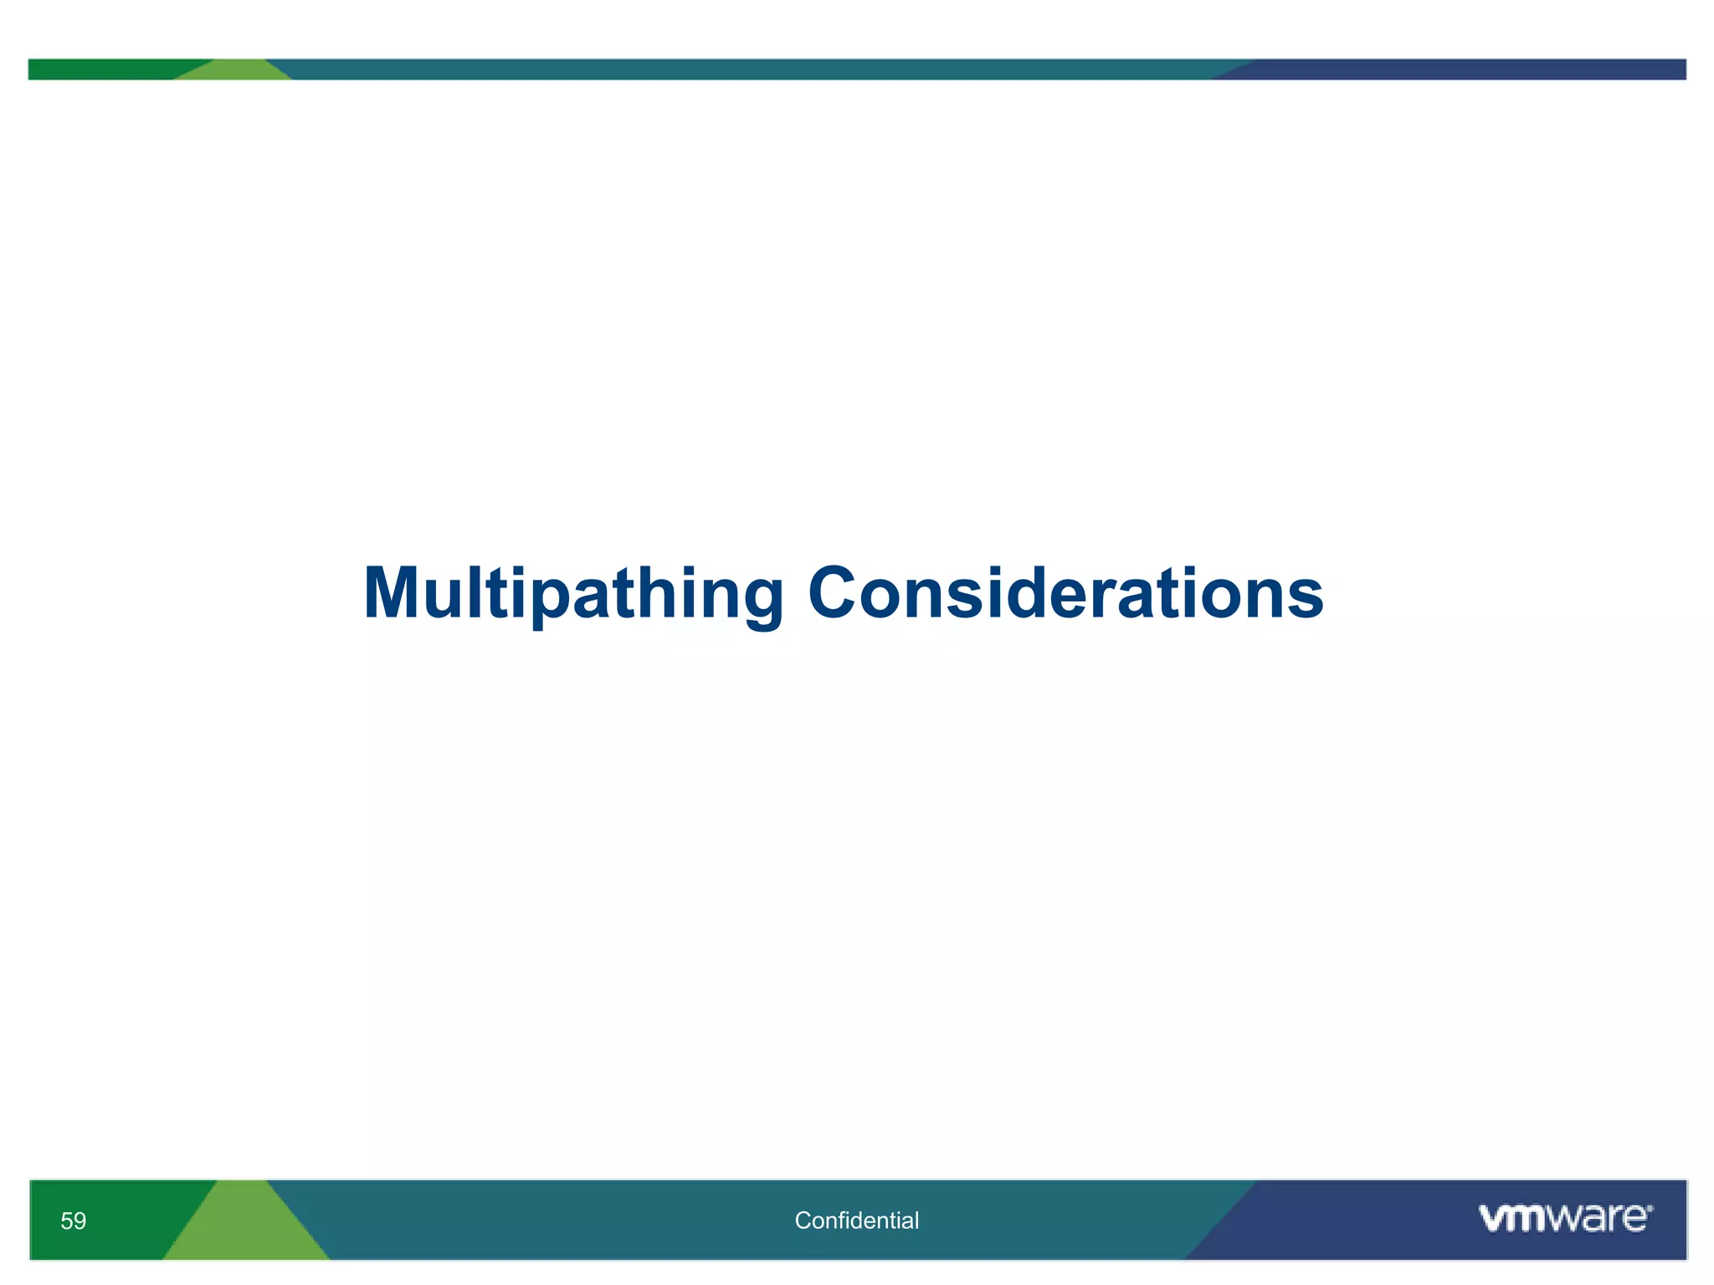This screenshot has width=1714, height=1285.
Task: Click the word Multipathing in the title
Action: coord(573,594)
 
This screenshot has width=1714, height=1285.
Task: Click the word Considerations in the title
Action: coord(1065,594)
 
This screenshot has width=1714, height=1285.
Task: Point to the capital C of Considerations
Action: coord(837,594)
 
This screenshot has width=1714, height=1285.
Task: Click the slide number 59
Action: coord(74,1221)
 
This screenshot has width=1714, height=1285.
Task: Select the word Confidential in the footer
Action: coord(856,1221)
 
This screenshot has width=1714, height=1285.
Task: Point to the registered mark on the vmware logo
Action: coord(1649,1208)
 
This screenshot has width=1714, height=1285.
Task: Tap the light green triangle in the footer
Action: coord(245,1230)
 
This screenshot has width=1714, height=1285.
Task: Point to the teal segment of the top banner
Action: coord(753,69)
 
